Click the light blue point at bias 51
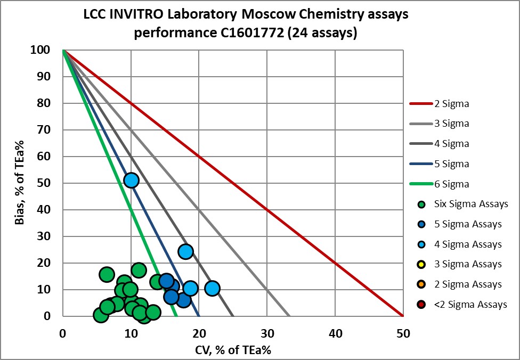pos(131,180)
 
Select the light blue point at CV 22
pos(212,288)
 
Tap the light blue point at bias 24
pos(185,251)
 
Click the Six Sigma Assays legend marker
pos(422,204)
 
